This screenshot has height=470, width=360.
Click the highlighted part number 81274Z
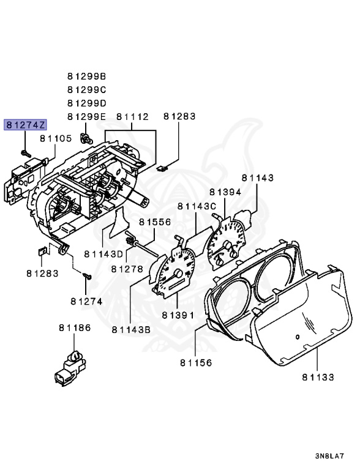[25, 125]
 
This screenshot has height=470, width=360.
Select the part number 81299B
[86, 76]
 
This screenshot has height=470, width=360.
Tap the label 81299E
[86, 116]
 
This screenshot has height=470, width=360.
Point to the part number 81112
[132, 116]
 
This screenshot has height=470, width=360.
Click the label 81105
[56, 139]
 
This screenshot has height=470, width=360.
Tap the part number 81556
[154, 222]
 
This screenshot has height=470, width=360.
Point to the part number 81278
[127, 269]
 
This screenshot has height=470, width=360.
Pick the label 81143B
[131, 330]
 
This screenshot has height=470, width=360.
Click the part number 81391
[178, 315]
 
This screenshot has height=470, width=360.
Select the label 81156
[196, 363]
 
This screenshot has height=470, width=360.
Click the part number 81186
[75, 329]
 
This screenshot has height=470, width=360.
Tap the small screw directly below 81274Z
[25, 150]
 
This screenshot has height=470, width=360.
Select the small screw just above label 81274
[87, 278]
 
